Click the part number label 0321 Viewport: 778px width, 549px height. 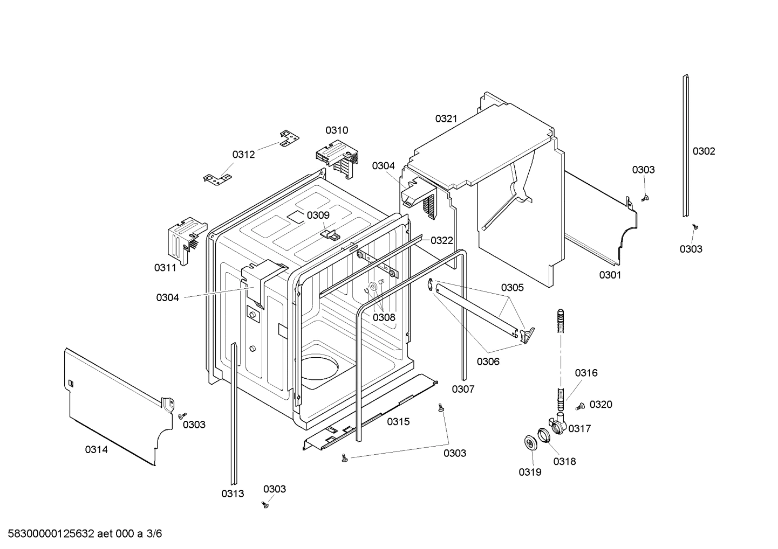[446, 119]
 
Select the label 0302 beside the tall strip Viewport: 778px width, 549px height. [704, 151]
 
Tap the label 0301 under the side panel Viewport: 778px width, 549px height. [610, 275]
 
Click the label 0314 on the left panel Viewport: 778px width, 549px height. [96, 449]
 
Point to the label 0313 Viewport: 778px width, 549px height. [233, 494]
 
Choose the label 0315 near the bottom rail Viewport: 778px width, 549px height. [398, 422]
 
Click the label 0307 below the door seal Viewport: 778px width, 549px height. [463, 390]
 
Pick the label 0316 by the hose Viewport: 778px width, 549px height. [586, 373]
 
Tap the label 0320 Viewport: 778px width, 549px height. [600, 405]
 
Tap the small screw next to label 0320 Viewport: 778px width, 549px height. [581, 406]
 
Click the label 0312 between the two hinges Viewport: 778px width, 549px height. [243, 155]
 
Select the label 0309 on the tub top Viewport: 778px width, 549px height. [318, 216]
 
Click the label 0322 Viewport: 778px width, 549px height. [441, 240]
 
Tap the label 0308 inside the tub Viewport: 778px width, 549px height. [384, 317]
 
